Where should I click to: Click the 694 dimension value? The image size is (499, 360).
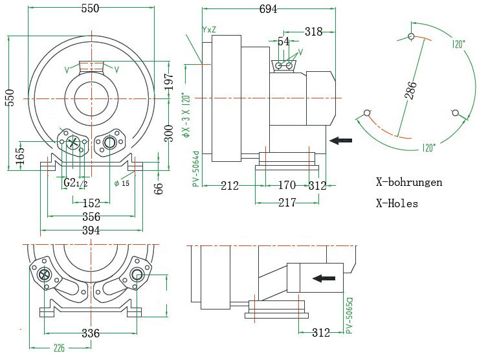[x=268, y=9]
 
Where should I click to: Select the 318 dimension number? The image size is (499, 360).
[x=313, y=32]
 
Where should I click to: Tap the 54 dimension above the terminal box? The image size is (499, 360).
[x=284, y=41]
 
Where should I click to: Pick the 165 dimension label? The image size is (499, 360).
[x=20, y=156]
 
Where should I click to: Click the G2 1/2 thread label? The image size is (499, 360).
[x=75, y=183]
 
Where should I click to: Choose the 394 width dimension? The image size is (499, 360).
[x=91, y=231]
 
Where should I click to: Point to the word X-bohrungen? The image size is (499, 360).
[x=409, y=183]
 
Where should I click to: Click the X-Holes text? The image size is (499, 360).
[x=397, y=204]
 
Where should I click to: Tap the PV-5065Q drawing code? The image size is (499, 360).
[x=349, y=316]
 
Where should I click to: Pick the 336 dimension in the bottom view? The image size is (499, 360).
[x=91, y=333]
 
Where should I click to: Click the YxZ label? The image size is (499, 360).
[x=209, y=30]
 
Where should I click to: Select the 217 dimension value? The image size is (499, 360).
[x=287, y=203]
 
